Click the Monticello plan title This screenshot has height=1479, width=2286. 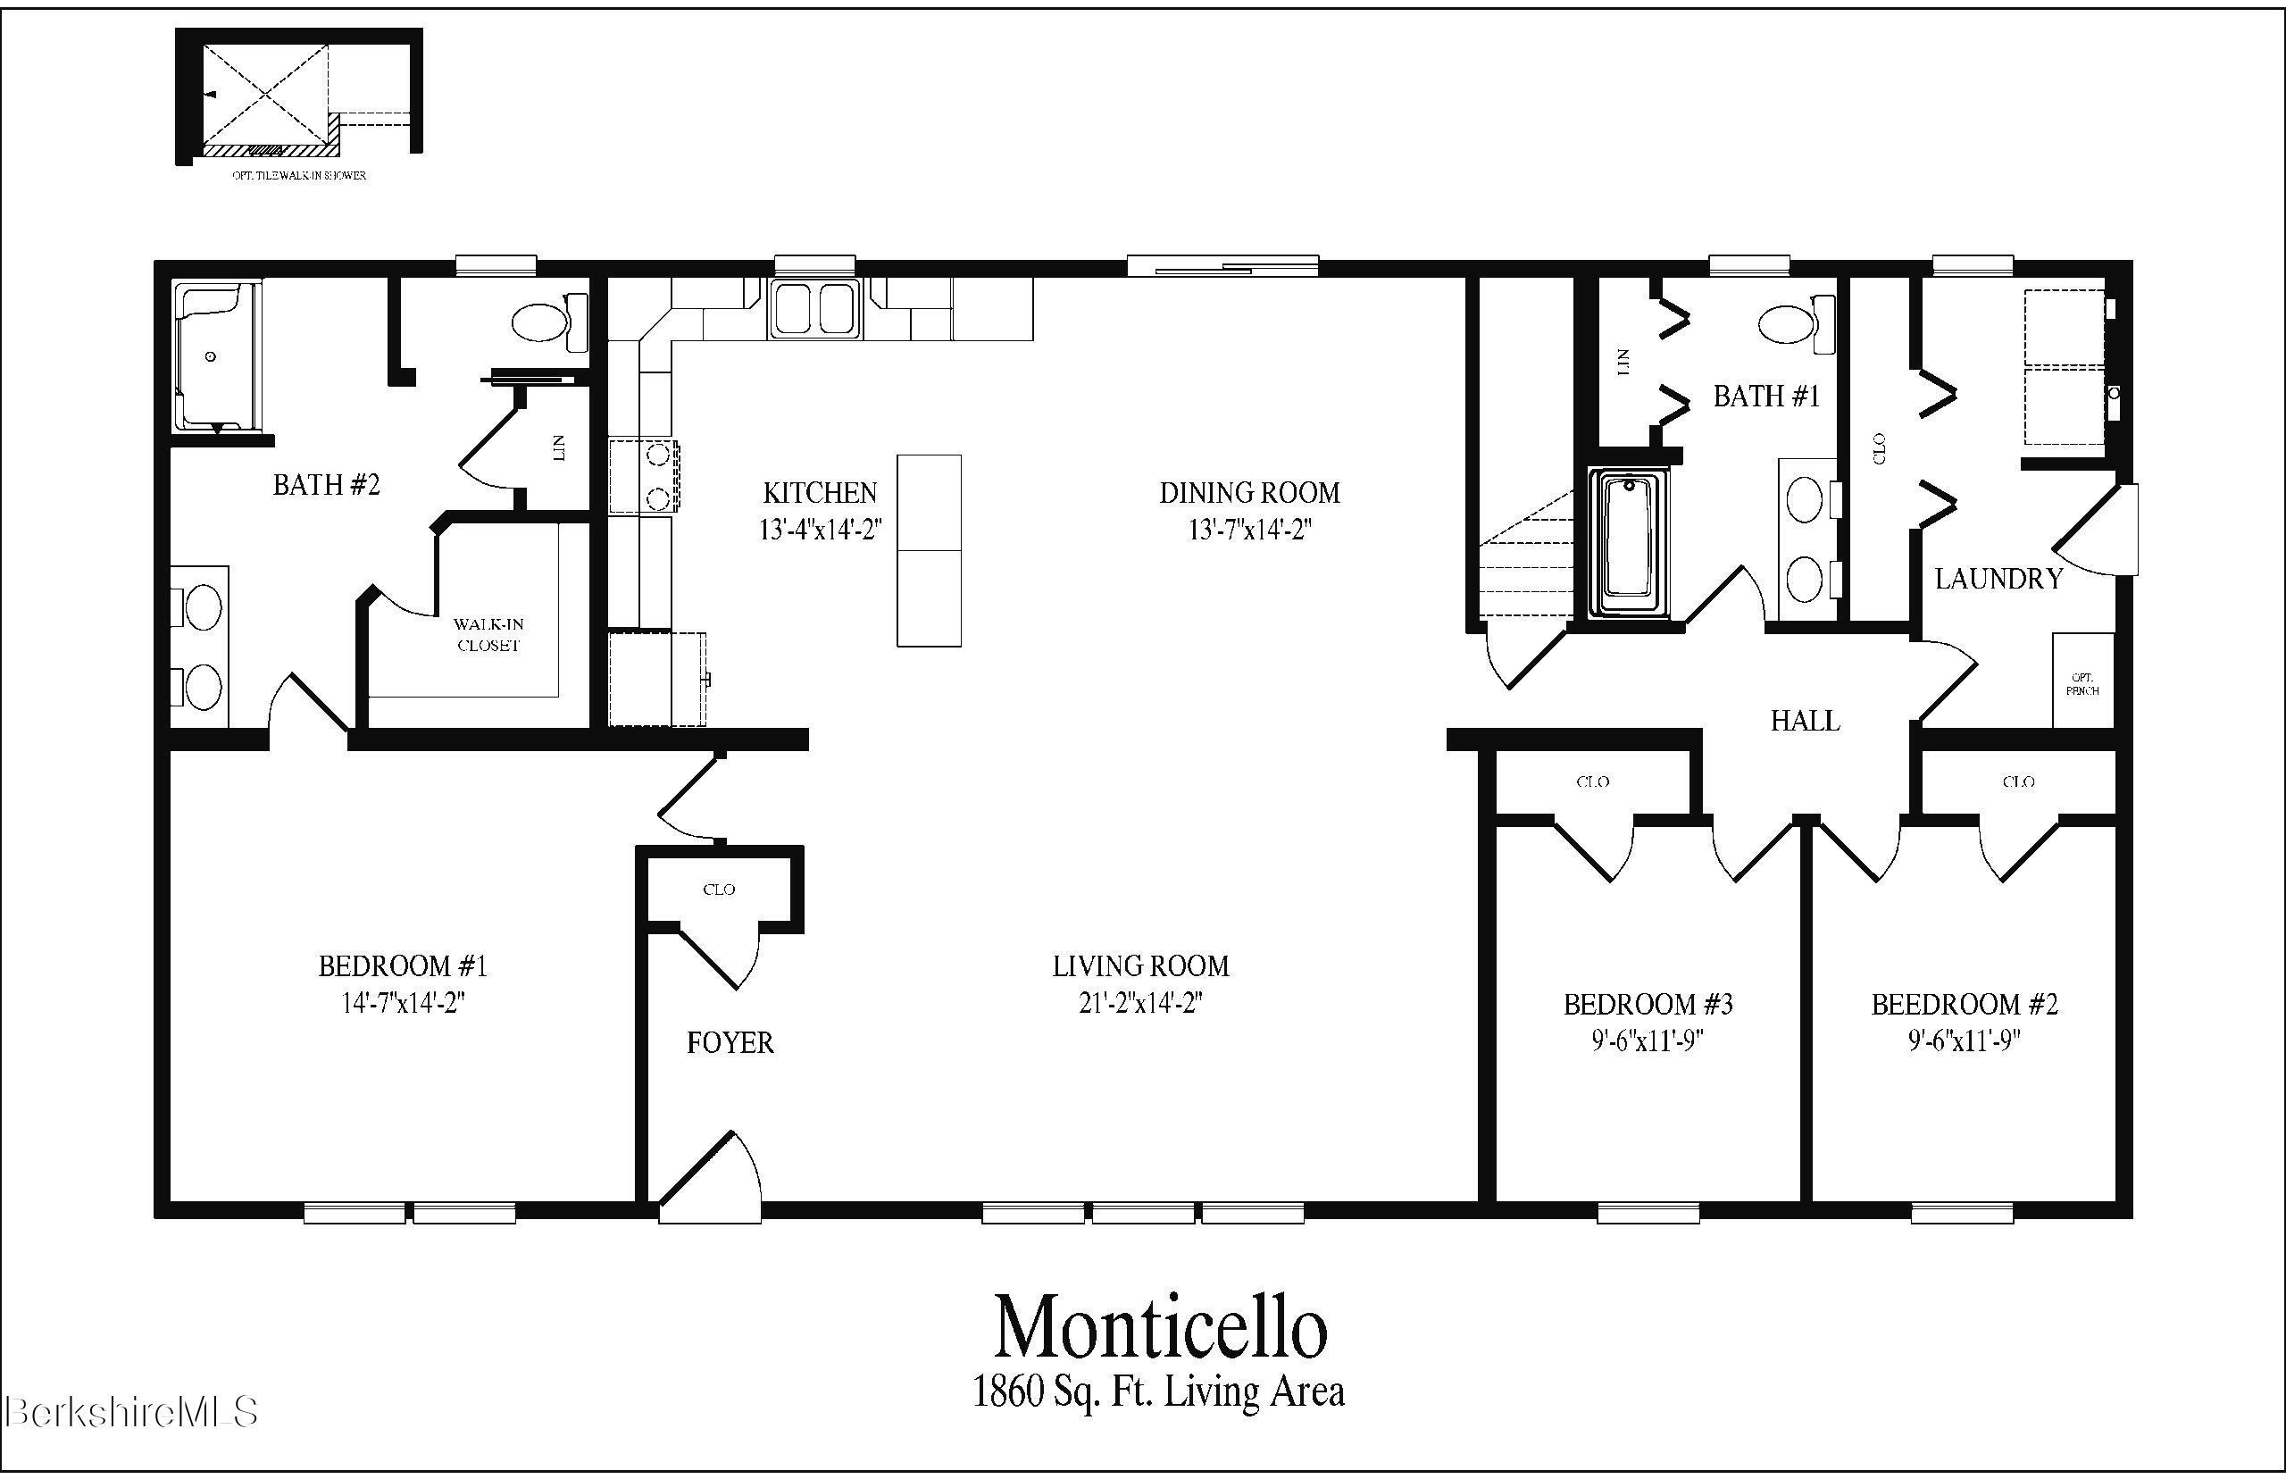click(1160, 1329)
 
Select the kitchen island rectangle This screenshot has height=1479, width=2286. click(929, 550)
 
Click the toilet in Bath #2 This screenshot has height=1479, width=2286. click(548, 322)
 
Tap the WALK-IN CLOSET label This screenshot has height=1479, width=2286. click(488, 635)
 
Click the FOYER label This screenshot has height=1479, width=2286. click(730, 1043)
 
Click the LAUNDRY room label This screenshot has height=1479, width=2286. click(1998, 579)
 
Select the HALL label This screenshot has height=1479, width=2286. click(1805, 722)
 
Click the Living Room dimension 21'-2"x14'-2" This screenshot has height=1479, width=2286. click(1139, 1004)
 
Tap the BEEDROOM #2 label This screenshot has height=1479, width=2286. click(1965, 1005)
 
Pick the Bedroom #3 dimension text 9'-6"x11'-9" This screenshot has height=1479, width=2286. click(1648, 1042)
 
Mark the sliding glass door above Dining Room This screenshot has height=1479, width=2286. click(1222, 267)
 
